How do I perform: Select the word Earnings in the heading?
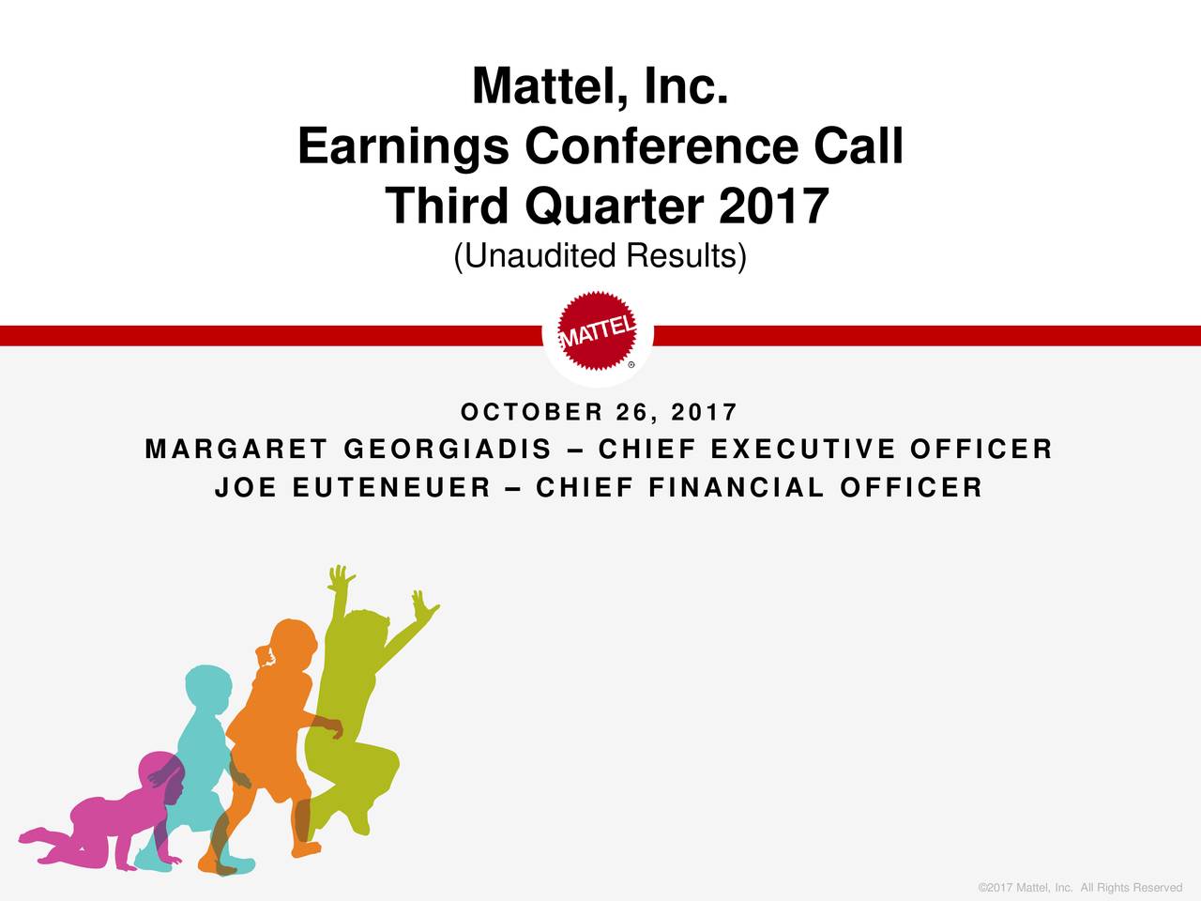pos(403,147)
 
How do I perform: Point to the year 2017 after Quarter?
pos(774,206)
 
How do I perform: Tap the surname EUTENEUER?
pos(392,488)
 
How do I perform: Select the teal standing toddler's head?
pos(206,691)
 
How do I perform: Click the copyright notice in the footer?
pos(1079,888)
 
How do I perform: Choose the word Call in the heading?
pos(858,147)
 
